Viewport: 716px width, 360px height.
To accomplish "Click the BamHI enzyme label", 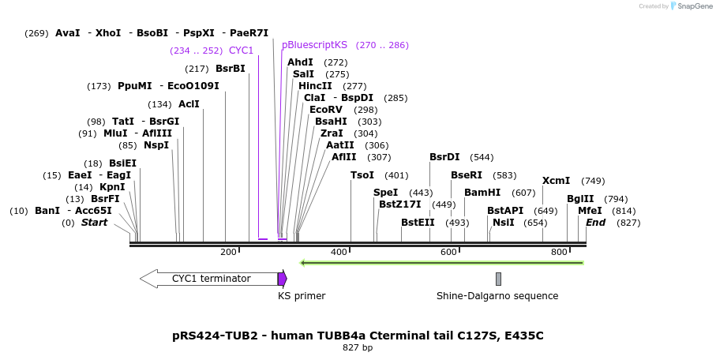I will click(x=482, y=193).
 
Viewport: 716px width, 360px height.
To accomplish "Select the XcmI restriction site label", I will click(x=556, y=181).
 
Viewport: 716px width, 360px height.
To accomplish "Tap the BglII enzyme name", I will click(x=580, y=199).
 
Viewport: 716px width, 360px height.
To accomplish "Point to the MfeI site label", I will click(x=590, y=211).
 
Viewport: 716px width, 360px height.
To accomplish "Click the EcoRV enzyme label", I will click(x=326, y=110).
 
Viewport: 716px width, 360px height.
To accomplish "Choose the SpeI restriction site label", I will click(x=385, y=193).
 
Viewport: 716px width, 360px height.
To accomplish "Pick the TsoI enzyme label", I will click(x=362, y=175).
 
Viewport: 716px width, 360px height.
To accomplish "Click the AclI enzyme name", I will click(x=189, y=104).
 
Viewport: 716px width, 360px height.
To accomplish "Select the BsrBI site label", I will click(x=231, y=69).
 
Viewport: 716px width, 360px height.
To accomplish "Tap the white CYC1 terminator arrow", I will click(x=209, y=279).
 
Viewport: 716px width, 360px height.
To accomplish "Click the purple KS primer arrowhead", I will click(x=283, y=279).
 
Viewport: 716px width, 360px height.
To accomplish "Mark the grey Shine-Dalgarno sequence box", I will click(x=498, y=279).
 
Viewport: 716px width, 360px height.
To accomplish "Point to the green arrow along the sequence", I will click(x=442, y=262).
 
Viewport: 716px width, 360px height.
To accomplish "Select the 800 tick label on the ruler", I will click(x=560, y=252).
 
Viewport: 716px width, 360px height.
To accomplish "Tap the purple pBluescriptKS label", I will click(x=314, y=45).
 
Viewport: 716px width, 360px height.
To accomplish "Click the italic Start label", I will click(x=94, y=223).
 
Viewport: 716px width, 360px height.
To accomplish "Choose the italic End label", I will click(x=595, y=223).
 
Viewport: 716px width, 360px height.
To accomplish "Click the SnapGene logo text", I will click(x=692, y=6).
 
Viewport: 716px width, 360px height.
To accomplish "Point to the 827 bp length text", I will click(x=358, y=347).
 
